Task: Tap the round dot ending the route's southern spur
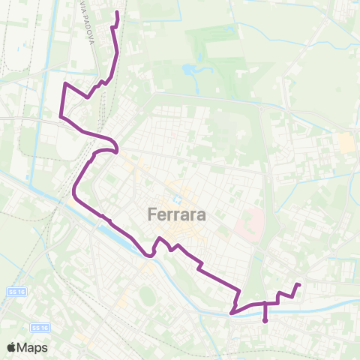(x=265, y=321)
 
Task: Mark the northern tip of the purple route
(x=117, y=13)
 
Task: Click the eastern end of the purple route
(x=299, y=284)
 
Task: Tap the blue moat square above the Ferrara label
(x=177, y=199)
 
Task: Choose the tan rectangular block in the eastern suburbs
(x=346, y=142)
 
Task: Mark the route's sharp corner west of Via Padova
(x=66, y=83)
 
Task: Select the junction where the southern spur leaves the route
(x=265, y=304)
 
